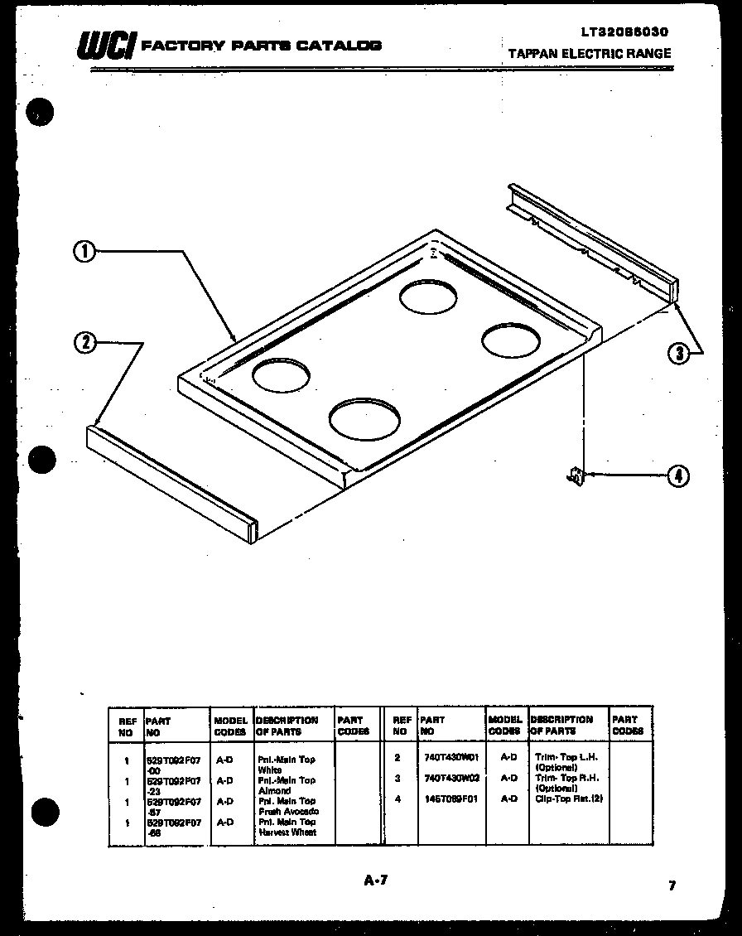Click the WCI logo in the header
(104, 46)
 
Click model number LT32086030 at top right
(624, 32)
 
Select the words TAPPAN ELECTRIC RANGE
(590, 53)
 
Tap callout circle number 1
(84, 251)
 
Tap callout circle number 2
(85, 342)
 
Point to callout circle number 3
(679, 354)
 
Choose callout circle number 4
(678, 475)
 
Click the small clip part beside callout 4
(575, 475)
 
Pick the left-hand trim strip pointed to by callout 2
(172, 483)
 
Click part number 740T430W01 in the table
(451, 757)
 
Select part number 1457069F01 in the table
(451, 799)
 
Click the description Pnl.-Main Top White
(287, 764)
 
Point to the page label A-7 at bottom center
(375, 881)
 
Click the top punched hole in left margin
(40, 112)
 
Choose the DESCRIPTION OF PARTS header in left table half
(287, 726)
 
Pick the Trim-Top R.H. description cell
(567, 783)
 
